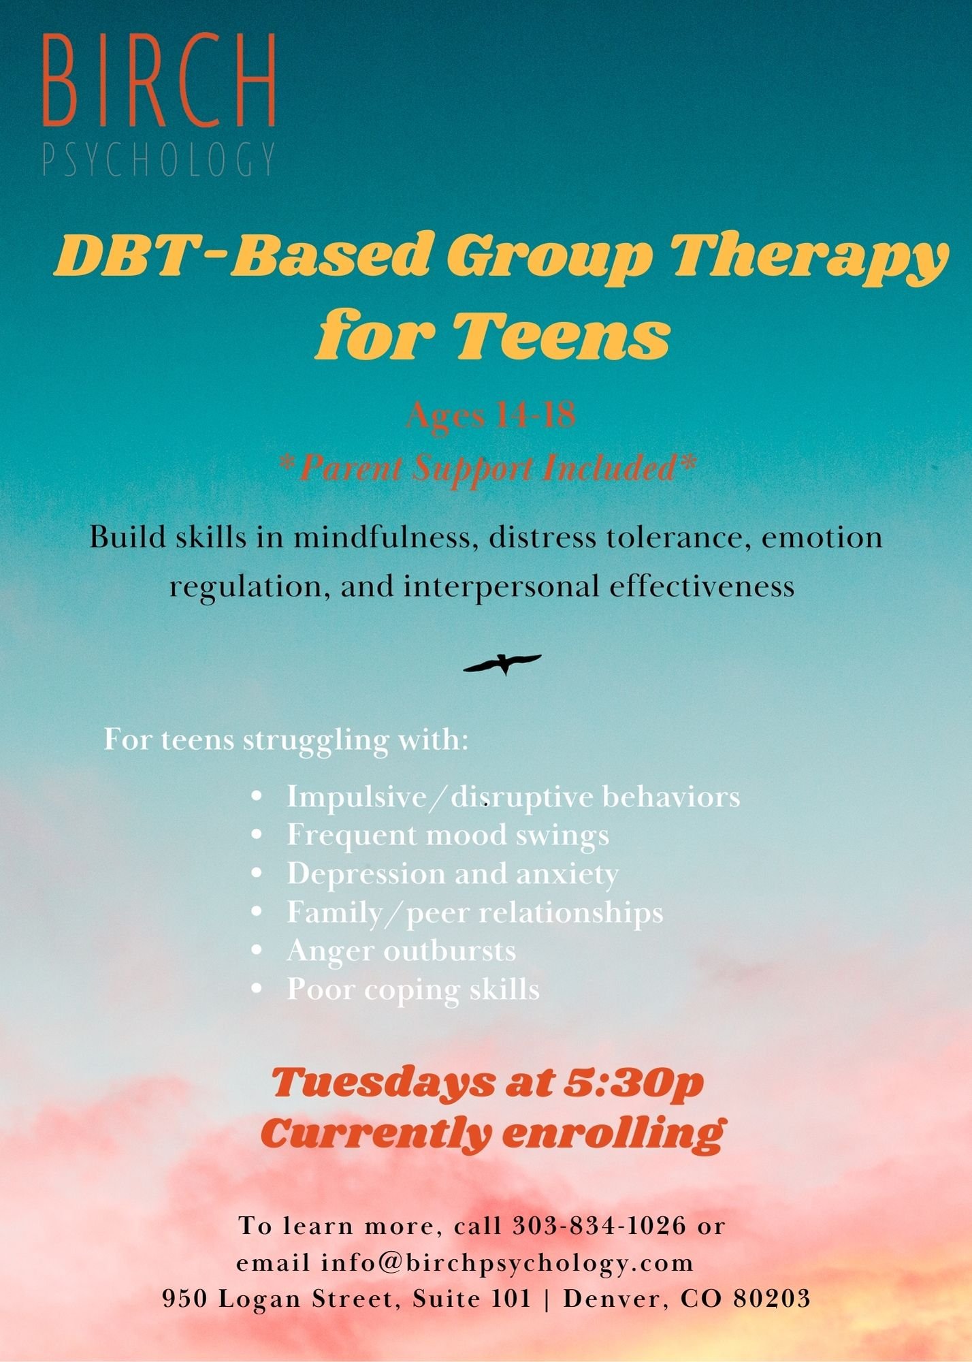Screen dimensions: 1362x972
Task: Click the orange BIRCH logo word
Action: tap(159, 80)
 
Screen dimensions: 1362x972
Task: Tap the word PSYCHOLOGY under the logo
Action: tap(159, 160)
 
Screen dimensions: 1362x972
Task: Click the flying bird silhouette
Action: tap(502, 663)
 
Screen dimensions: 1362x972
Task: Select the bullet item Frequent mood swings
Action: tap(447, 835)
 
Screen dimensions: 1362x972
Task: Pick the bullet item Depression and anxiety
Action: tap(452, 874)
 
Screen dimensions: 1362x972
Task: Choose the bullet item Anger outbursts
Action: tap(401, 951)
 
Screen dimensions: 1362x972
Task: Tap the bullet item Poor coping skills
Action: tap(412, 989)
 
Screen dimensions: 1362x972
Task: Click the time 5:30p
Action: tap(633, 1083)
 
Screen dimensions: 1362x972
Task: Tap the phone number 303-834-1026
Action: tap(599, 1226)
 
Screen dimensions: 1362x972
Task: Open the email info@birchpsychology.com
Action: tap(507, 1263)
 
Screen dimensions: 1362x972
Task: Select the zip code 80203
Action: tap(772, 1299)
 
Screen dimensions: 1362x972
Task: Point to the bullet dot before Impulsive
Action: tap(257, 796)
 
